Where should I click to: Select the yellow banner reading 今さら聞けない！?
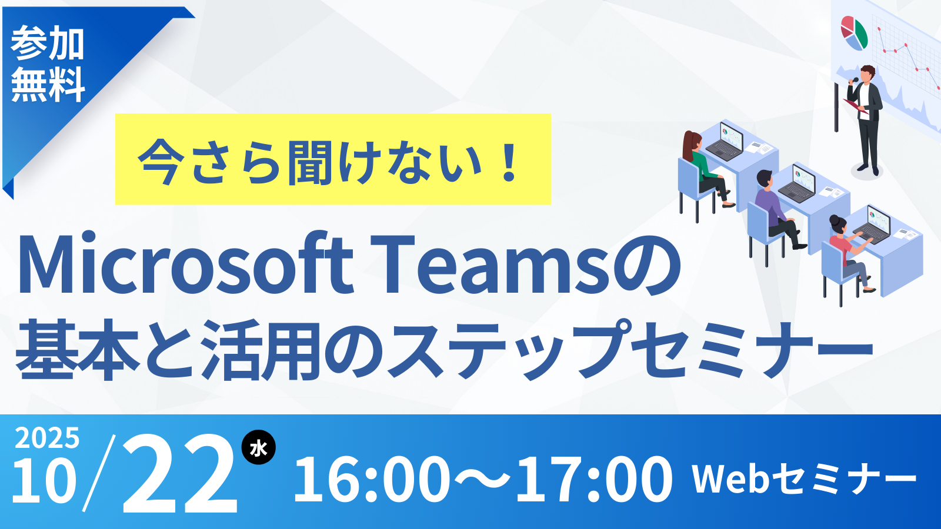tap(333, 159)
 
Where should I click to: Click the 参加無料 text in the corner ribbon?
tap(48, 64)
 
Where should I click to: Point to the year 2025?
tap(47, 438)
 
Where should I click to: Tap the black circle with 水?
tap(258, 447)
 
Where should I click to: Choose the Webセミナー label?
tap(804, 478)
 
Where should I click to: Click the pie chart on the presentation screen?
tap(854, 33)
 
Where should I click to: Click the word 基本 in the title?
tap(77, 349)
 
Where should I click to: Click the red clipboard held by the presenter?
tap(856, 106)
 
